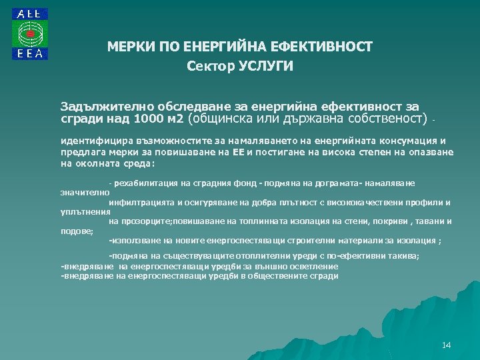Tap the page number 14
(446, 345)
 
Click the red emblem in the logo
(30, 33)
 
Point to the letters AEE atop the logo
(30, 14)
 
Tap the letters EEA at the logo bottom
(30, 55)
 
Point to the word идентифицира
(91, 141)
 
